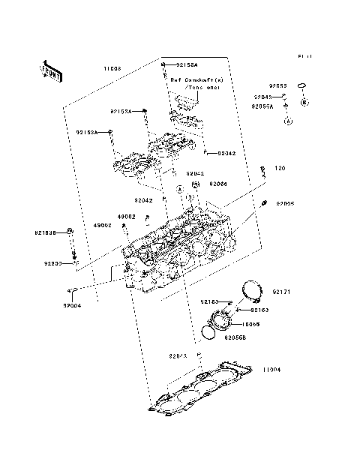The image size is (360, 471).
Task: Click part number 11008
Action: tap(112, 68)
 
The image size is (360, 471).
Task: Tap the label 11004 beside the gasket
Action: tap(271, 370)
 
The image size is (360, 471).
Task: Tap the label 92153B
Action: tap(44, 232)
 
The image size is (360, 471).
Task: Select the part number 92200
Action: tap(52, 263)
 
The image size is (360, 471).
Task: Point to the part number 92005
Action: tap(284, 203)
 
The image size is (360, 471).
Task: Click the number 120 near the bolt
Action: tap(279, 168)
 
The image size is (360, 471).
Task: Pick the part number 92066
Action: tap(218, 183)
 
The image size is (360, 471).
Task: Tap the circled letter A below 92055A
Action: tap(286, 120)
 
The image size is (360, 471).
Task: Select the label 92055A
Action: tap(262, 107)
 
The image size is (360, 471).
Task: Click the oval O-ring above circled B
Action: tap(303, 86)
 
